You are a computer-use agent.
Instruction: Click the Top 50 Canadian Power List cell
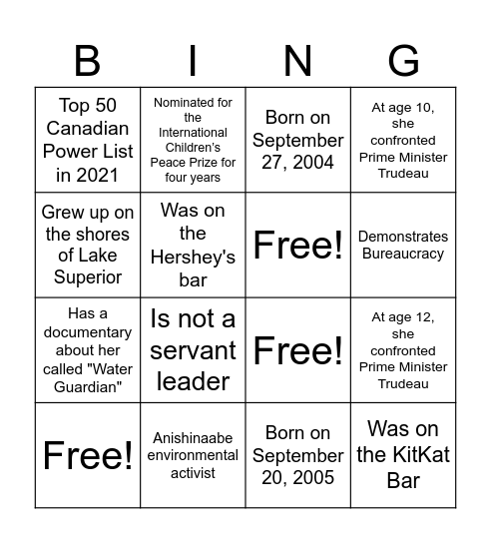point(88,140)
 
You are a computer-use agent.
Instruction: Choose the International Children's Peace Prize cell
point(193,140)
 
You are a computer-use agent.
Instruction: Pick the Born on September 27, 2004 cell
point(297,140)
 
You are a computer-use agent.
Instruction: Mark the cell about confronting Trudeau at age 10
point(402,140)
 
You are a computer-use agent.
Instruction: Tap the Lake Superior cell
point(88,245)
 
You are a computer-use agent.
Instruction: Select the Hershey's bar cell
point(193,245)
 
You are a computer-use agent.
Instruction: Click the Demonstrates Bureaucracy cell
point(402,245)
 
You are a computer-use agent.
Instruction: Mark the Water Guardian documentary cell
point(88,349)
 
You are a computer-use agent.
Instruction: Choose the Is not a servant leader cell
point(193,349)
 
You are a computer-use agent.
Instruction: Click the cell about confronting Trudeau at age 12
point(402,349)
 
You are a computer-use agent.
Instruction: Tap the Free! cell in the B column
point(88,455)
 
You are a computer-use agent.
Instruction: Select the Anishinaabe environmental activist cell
point(193,455)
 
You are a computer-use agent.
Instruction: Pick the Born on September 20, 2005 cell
point(297,455)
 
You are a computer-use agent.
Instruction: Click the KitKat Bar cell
point(402,455)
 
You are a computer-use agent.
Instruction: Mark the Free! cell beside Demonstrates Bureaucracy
point(297,245)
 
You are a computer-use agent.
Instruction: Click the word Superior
point(88,276)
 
